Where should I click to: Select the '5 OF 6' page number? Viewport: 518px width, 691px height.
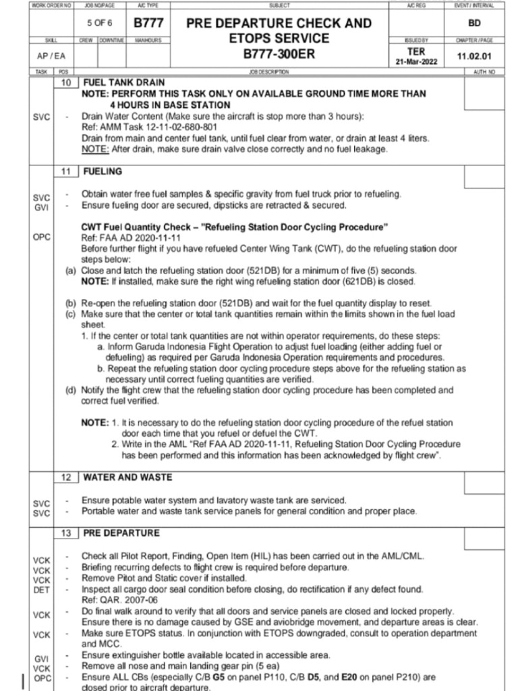click(99, 23)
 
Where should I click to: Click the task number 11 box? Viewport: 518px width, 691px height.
click(65, 171)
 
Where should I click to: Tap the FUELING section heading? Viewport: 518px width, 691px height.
click(103, 171)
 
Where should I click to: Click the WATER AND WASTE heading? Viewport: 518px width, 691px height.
click(127, 477)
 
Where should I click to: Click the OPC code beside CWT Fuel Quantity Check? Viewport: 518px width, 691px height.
click(42, 237)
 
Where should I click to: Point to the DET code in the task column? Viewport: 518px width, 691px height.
click(42, 589)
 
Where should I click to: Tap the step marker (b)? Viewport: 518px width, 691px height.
click(70, 303)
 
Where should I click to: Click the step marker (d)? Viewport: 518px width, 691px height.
click(70, 390)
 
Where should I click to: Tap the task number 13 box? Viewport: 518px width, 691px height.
click(65, 533)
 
